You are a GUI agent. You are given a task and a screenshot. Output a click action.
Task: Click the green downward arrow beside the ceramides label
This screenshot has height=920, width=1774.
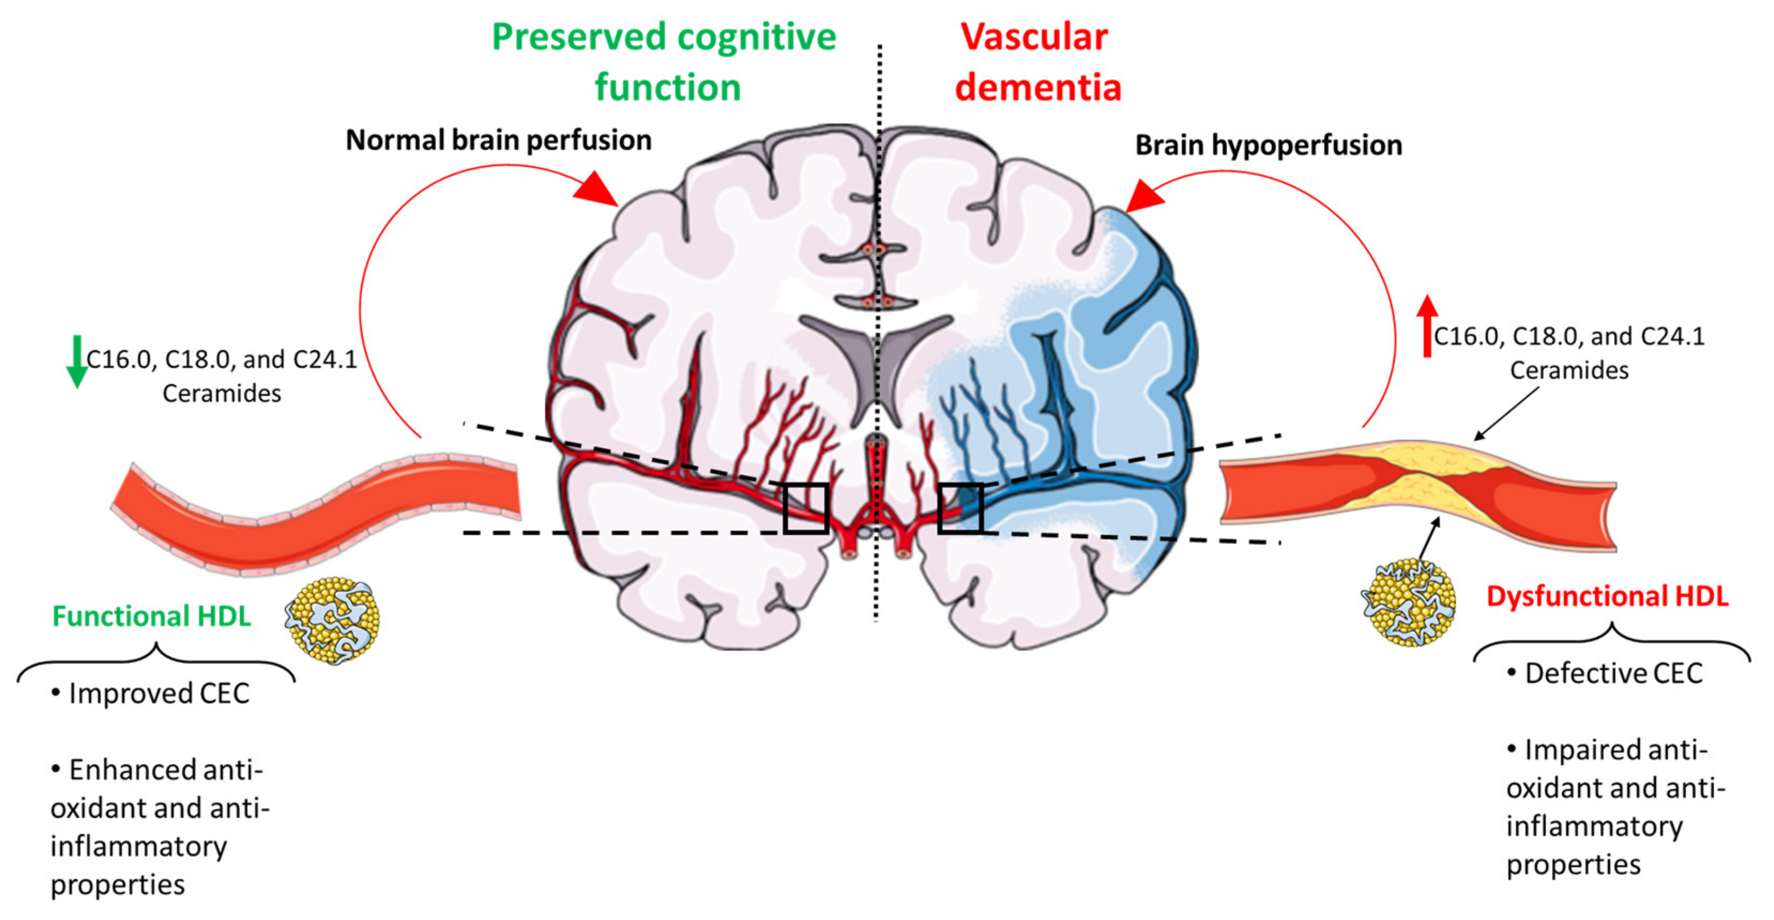(x=76, y=362)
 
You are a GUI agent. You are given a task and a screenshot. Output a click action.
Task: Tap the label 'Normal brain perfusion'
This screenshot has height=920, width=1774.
(x=498, y=141)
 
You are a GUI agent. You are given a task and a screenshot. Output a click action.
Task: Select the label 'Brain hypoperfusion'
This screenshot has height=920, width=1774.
(x=1268, y=145)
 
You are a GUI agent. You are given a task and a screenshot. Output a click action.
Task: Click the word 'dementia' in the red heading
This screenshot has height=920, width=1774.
(x=1038, y=88)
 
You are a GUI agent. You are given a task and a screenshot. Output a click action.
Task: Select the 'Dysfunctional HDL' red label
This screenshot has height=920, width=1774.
(x=1607, y=596)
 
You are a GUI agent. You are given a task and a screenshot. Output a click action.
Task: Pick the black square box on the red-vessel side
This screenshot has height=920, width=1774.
(x=806, y=508)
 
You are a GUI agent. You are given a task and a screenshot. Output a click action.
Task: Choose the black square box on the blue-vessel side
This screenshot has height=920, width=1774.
(x=960, y=508)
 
